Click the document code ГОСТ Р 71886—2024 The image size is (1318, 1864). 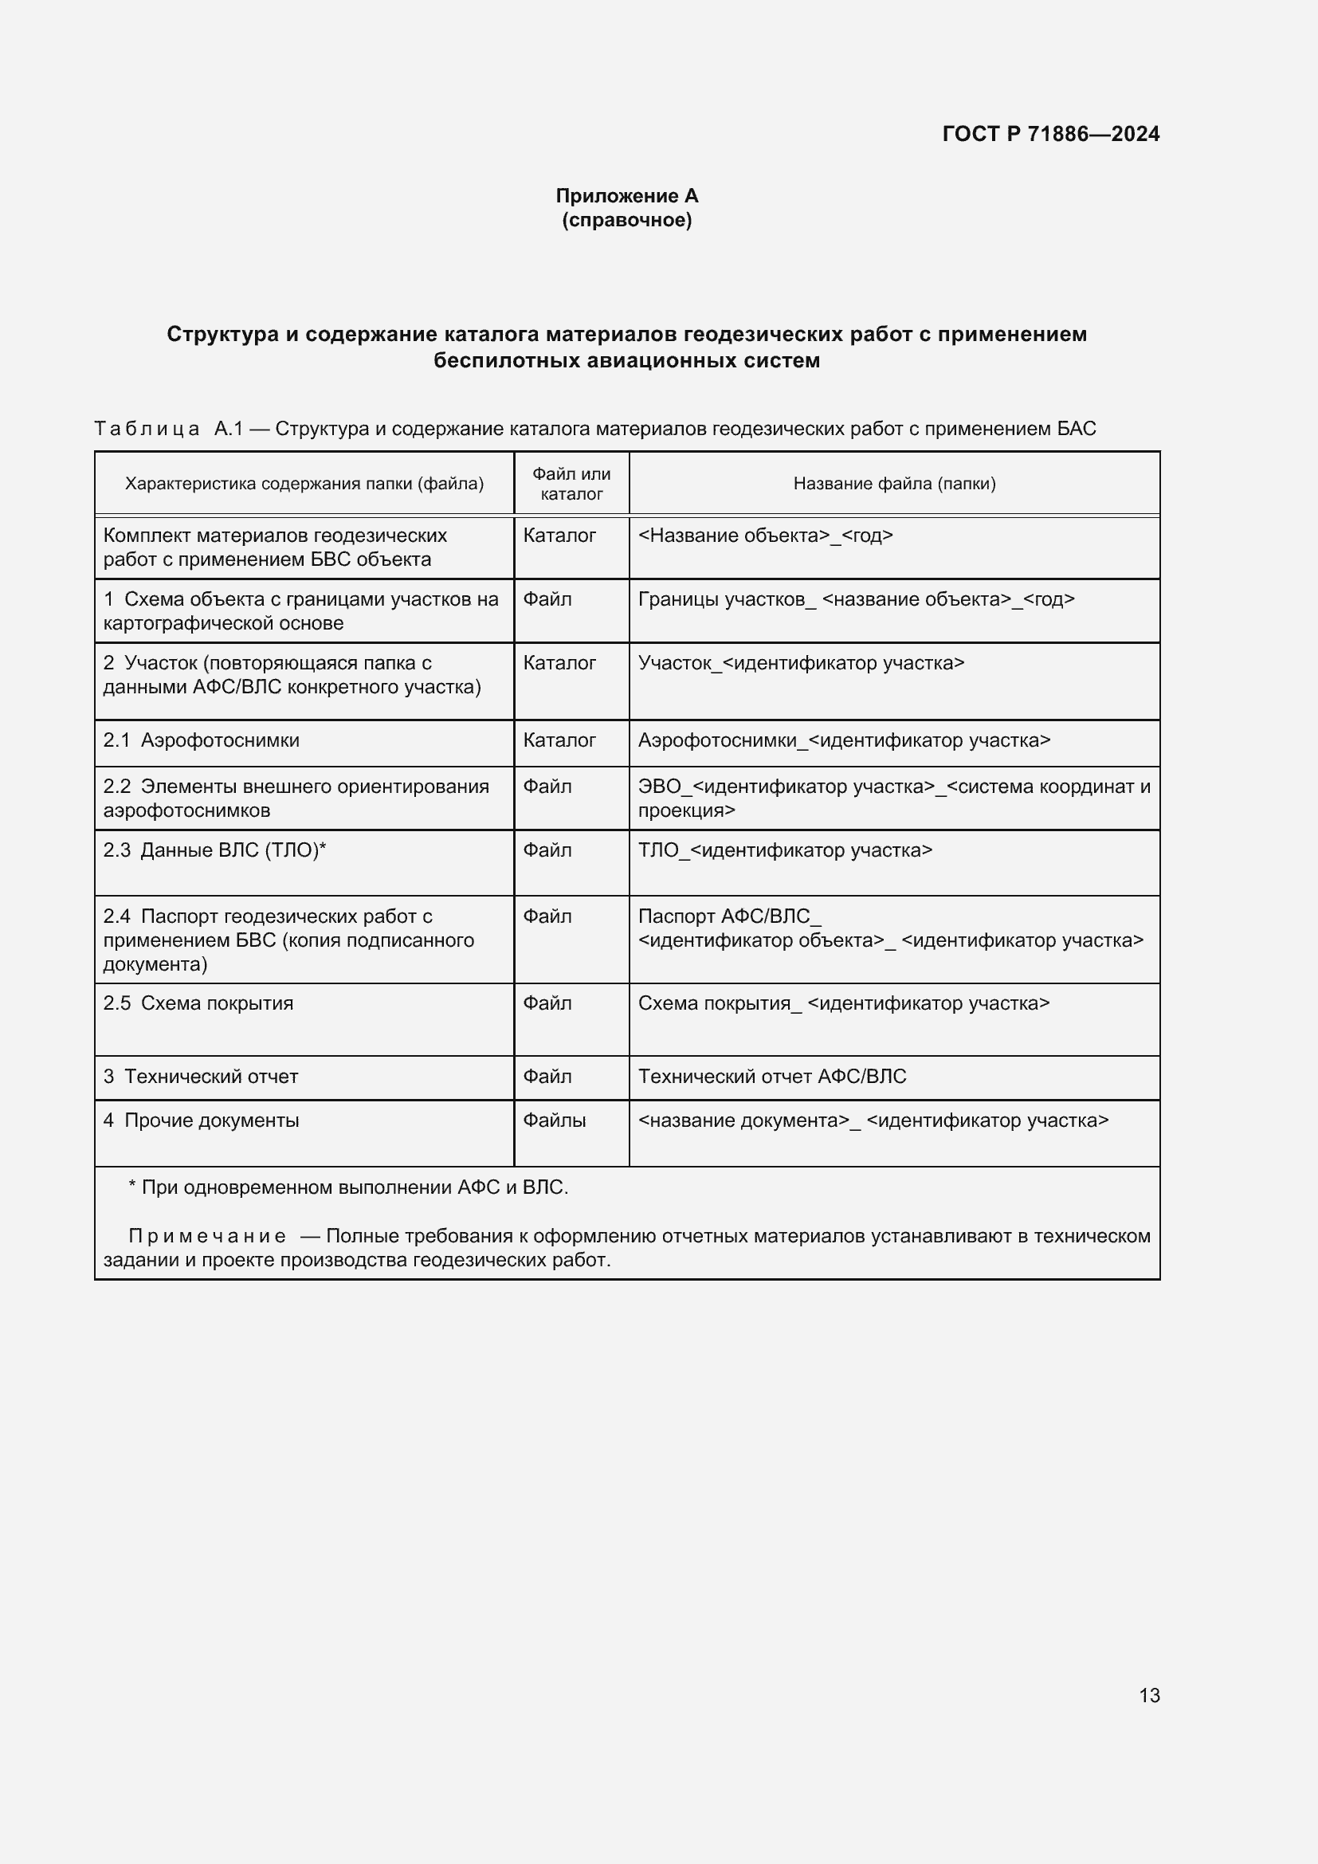[x=1050, y=134]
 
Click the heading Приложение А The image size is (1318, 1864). [x=626, y=196]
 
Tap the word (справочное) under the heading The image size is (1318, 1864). [x=626, y=220]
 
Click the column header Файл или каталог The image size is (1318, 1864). [x=571, y=484]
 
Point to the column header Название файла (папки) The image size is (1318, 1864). [x=893, y=484]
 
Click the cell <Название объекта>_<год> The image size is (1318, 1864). [x=765, y=536]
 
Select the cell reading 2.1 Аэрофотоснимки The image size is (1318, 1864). [x=202, y=740]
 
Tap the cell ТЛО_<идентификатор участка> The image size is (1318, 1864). [x=785, y=850]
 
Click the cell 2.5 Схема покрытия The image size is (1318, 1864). [x=198, y=1003]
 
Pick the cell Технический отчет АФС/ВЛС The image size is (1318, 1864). [x=772, y=1077]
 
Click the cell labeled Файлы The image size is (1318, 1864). [x=555, y=1120]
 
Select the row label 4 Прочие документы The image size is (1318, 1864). [x=202, y=1120]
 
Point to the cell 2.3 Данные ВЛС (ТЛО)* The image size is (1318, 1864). [x=214, y=850]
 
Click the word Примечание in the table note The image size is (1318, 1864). [x=207, y=1236]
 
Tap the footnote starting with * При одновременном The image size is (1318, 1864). [x=349, y=1187]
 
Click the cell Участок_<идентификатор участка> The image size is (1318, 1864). [x=801, y=663]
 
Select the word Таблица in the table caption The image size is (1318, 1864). [x=147, y=429]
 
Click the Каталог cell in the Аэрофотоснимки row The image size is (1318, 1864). [x=559, y=740]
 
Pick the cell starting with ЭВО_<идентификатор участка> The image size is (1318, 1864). [x=893, y=798]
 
